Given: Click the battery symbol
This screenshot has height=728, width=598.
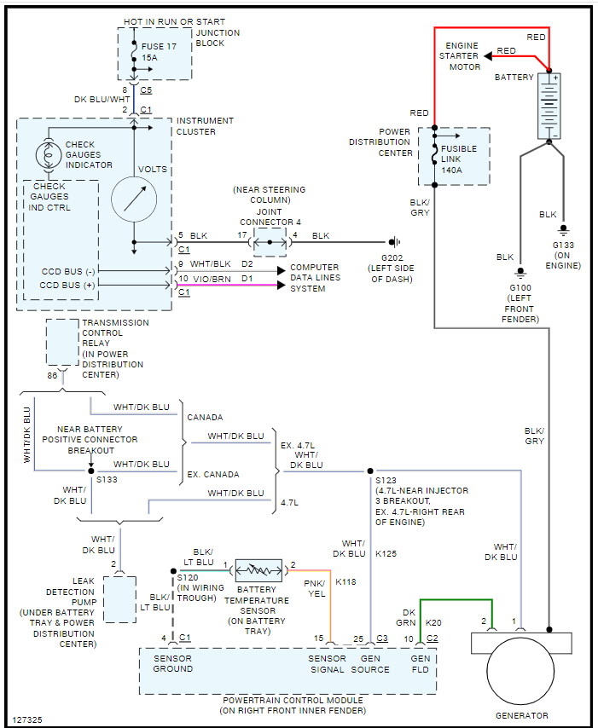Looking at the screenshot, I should pos(549,106).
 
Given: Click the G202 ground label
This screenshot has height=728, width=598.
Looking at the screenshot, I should pos(392,257).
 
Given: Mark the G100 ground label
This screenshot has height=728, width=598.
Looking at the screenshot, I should pos(520,289).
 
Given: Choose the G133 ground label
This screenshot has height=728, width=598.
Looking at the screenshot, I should pos(564,245).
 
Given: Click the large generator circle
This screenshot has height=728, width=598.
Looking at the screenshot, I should pos(521,677).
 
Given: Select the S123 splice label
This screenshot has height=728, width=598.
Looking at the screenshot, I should pos(386,481).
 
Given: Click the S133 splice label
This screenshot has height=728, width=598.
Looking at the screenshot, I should pos(106,480).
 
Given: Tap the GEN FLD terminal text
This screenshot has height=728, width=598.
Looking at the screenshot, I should pos(421,663).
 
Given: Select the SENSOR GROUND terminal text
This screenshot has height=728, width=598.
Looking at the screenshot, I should pos(173,663).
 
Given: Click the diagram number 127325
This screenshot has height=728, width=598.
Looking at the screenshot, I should pos(28,719).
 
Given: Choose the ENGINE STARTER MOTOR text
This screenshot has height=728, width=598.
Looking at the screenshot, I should pos(460,56).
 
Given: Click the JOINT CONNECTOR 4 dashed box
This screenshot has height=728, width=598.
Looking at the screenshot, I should pos(270,242).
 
